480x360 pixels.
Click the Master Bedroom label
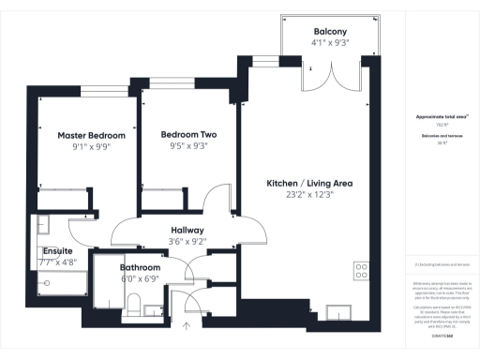(x=91, y=135)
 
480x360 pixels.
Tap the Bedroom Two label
(x=189, y=133)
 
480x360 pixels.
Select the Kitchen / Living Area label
(x=308, y=182)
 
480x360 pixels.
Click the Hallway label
(x=187, y=230)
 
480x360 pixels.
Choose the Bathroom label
(x=140, y=267)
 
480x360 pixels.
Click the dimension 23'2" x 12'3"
(x=308, y=194)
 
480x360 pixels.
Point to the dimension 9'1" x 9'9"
(x=91, y=147)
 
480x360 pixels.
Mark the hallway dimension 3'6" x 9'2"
(x=187, y=242)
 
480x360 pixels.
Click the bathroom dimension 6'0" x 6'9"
(x=140, y=278)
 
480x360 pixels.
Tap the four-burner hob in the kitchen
(x=361, y=272)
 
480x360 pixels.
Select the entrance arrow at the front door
(x=186, y=327)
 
